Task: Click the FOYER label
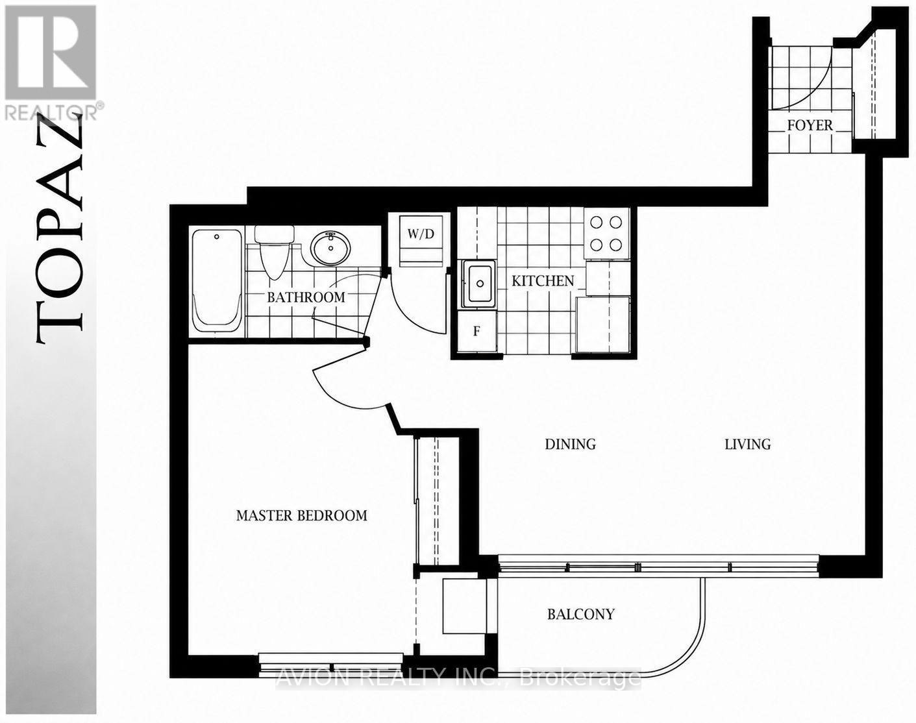[x=810, y=125]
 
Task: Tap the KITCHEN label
[x=543, y=281]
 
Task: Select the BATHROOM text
[x=306, y=297]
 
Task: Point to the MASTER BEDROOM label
[x=301, y=515]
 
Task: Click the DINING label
[x=571, y=445]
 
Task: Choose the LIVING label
[x=748, y=445]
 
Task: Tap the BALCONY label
[x=581, y=614]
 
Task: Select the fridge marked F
[x=477, y=331]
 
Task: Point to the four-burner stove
[x=606, y=234]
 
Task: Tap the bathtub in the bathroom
[x=217, y=281]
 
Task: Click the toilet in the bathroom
[x=274, y=252]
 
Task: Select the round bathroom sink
[x=330, y=248]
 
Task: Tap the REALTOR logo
[x=51, y=62]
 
